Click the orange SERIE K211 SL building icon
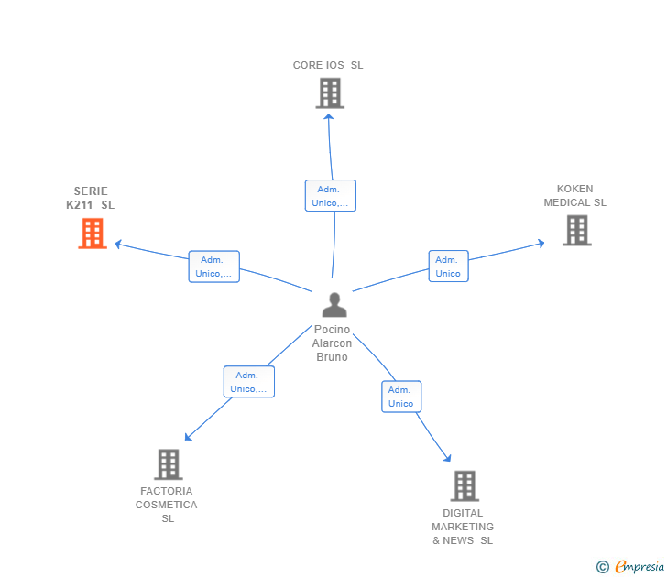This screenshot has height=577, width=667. pyautogui.click(x=93, y=233)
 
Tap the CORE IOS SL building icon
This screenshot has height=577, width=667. pyautogui.click(x=330, y=93)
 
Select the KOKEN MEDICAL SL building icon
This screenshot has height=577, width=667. pyautogui.click(x=577, y=231)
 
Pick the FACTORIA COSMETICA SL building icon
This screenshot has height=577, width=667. pyautogui.click(x=169, y=464)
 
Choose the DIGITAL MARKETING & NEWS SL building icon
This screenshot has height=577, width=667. pyautogui.click(x=465, y=486)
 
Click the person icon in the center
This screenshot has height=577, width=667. pyautogui.click(x=334, y=305)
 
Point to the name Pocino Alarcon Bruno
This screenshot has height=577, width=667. pyautogui.click(x=332, y=343)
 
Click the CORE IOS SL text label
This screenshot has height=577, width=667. pyautogui.click(x=328, y=65)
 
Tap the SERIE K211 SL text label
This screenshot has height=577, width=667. pyautogui.click(x=90, y=198)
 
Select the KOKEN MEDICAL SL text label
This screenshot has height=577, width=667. pyautogui.click(x=575, y=196)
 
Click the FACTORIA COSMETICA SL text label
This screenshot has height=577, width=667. pyautogui.click(x=167, y=505)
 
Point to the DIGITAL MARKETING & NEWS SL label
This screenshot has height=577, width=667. pyautogui.click(x=463, y=527)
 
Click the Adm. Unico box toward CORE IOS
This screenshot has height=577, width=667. pyautogui.click(x=331, y=196)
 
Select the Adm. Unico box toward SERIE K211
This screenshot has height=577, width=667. pyautogui.click(x=214, y=267)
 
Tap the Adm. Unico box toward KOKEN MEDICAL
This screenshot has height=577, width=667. pyautogui.click(x=448, y=267)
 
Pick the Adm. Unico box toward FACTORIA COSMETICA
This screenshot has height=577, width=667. pyautogui.click(x=249, y=382)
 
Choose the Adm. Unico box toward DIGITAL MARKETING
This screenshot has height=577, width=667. pyautogui.click(x=401, y=397)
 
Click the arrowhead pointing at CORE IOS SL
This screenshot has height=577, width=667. pyautogui.click(x=328, y=117)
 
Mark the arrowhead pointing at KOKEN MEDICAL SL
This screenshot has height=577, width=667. pyautogui.click(x=541, y=244)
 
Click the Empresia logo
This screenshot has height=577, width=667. pyautogui.click(x=630, y=566)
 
